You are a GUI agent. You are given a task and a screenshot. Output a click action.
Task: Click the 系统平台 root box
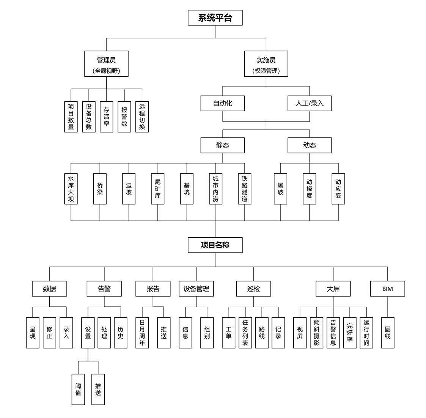(215, 18)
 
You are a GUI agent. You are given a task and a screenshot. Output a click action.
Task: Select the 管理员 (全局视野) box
(106, 64)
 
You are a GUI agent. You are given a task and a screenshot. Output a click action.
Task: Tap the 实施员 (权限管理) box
(266, 64)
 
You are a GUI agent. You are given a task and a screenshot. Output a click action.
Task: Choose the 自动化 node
(222, 103)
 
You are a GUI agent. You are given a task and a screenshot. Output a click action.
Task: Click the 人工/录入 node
(309, 103)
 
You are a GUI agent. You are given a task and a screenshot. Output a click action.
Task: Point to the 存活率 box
(107, 117)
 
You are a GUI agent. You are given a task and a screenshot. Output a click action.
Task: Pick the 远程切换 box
(142, 117)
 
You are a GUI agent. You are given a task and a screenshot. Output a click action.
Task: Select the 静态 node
(222, 145)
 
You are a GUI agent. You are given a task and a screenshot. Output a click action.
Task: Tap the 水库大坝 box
(71, 189)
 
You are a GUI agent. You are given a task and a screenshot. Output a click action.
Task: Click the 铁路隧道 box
(245, 189)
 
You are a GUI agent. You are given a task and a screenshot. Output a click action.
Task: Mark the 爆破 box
(280, 189)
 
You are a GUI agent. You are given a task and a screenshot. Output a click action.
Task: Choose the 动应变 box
(338, 189)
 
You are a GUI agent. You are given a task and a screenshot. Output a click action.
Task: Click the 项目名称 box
(215, 245)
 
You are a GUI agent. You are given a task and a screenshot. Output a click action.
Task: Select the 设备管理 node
(196, 289)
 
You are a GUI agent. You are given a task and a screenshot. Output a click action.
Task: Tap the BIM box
(387, 289)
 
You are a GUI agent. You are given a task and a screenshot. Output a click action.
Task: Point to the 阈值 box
(78, 389)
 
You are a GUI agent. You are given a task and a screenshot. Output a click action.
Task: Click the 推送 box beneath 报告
(163, 333)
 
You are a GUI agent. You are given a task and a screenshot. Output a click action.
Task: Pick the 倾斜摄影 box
(316, 333)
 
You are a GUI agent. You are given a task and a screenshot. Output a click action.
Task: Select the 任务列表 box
(245, 333)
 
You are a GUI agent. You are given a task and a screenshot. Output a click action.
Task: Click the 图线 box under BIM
(387, 333)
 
